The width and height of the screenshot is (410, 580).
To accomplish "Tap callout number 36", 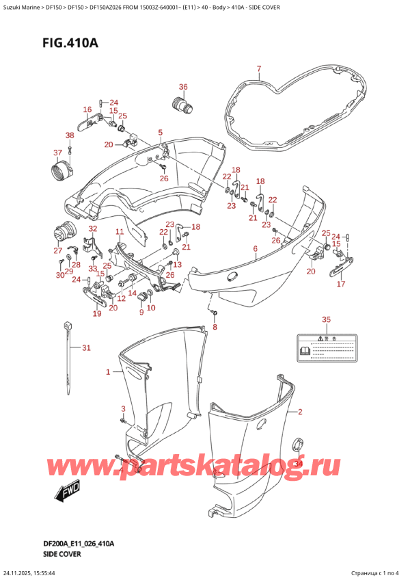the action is click(182, 87).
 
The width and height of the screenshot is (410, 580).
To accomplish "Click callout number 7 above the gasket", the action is click(259, 68).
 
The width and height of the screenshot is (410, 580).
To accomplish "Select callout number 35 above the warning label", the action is click(326, 320).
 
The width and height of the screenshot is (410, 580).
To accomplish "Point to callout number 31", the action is click(85, 349).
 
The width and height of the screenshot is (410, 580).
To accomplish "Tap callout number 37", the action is click(58, 152).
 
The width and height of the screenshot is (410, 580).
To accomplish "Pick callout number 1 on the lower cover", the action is click(107, 373).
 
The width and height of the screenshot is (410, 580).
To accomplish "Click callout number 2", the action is click(299, 412).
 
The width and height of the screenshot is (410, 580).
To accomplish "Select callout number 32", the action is click(92, 228).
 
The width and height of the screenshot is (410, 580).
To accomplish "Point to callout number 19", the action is click(97, 314).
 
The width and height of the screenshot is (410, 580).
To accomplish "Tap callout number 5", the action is click(160, 132).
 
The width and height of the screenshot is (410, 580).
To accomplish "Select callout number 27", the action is click(58, 251).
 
